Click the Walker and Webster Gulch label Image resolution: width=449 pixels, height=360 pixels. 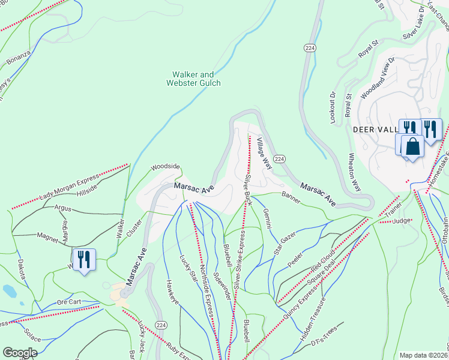pos(193,79)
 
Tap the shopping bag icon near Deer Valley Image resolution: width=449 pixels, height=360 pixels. pos(413,146)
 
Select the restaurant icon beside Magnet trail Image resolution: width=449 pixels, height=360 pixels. pos(84,260)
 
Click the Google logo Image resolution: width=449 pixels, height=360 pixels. pos(20,353)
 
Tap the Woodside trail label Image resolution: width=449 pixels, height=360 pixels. pos(165,166)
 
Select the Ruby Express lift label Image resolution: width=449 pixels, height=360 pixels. pos(182,344)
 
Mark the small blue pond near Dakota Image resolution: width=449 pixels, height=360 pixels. pos(10,291)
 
